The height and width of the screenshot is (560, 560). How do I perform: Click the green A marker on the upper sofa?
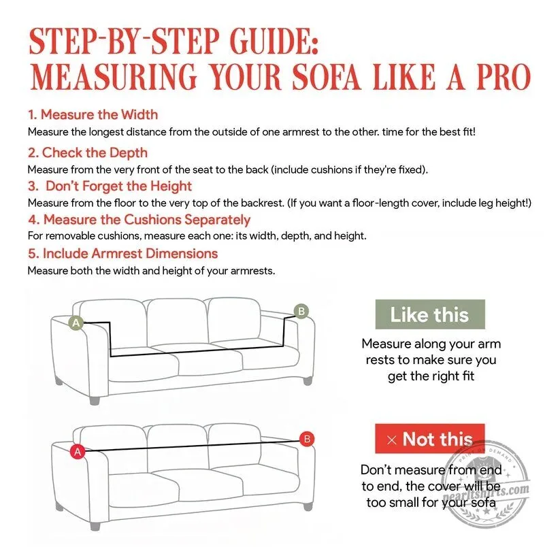click(76, 323)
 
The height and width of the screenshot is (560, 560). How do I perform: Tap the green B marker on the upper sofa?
click(301, 312)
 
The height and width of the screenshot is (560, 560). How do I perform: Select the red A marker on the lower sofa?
click(78, 452)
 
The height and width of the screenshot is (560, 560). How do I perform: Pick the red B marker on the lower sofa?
click(307, 439)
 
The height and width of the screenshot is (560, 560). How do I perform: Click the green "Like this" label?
click(430, 314)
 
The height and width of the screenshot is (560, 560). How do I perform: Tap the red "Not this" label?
click(430, 439)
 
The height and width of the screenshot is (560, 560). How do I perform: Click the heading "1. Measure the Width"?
click(93, 114)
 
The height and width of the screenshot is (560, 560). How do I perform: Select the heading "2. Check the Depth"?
click(88, 152)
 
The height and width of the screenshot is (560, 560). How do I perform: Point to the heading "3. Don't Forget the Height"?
click(110, 186)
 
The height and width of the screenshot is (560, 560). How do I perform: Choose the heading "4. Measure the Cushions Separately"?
click(139, 220)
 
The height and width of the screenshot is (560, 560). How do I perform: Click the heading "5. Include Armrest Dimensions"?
click(123, 253)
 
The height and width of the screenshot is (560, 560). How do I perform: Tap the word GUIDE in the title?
click(274, 41)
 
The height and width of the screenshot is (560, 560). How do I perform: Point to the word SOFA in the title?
click(327, 77)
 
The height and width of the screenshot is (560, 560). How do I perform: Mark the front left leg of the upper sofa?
click(95, 399)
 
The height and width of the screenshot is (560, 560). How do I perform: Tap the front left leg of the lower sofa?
click(95, 526)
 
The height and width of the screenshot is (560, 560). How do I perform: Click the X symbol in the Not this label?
click(392, 440)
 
